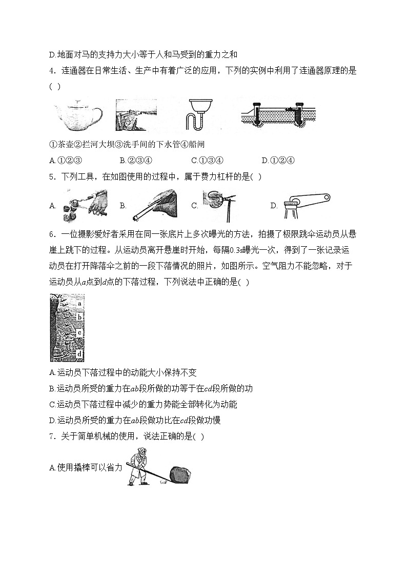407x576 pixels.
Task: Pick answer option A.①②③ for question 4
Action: pos(65,160)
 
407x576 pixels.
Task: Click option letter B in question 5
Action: pos(123,206)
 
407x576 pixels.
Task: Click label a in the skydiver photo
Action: pos(80,303)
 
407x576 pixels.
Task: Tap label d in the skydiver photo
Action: pos(80,354)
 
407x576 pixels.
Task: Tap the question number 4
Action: pos(52,71)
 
